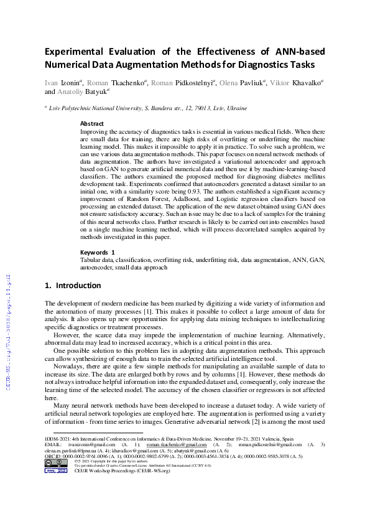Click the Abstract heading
92,124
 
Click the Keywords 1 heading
98,252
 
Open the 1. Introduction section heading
73,286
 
